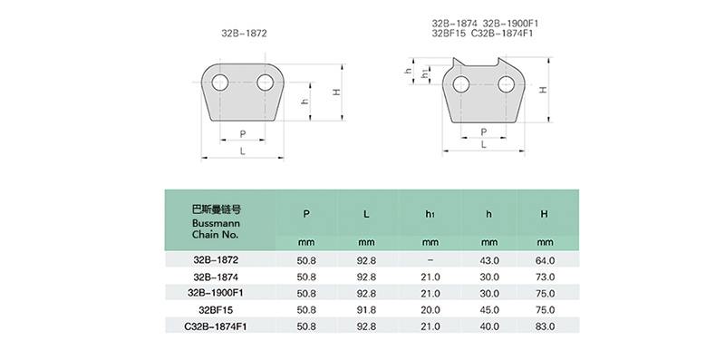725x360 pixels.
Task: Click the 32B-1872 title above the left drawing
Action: tap(244, 34)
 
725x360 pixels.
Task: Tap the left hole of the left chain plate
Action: tap(220, 83)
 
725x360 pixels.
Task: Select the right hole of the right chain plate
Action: tap(507, 84)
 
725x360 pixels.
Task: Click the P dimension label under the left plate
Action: tap(243, 134)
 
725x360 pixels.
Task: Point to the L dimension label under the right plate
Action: tap(484, 145)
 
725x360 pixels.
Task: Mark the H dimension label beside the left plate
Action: tap(337, 92)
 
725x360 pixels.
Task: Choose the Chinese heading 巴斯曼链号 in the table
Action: tap(217, 209)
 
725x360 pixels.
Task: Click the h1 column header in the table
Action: tap(430, 214)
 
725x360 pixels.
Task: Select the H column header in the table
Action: tap(545, 214)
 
